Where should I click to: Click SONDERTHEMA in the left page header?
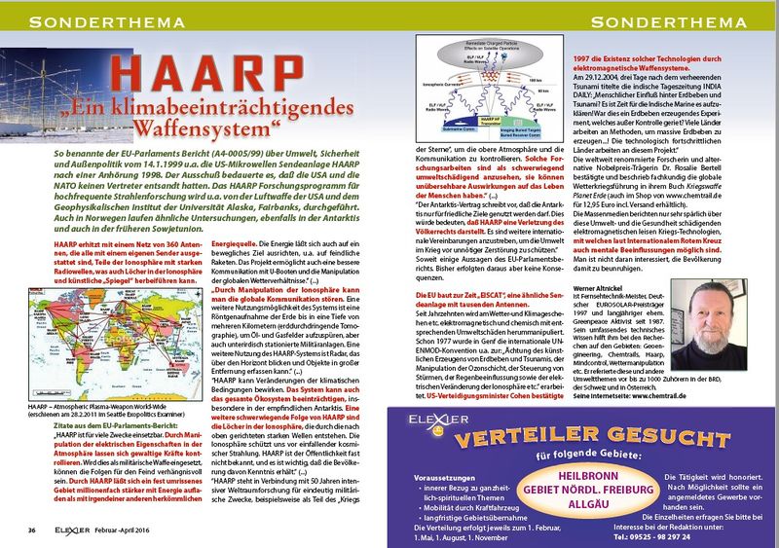tap(88, 20)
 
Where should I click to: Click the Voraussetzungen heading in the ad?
tap(449, 451)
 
